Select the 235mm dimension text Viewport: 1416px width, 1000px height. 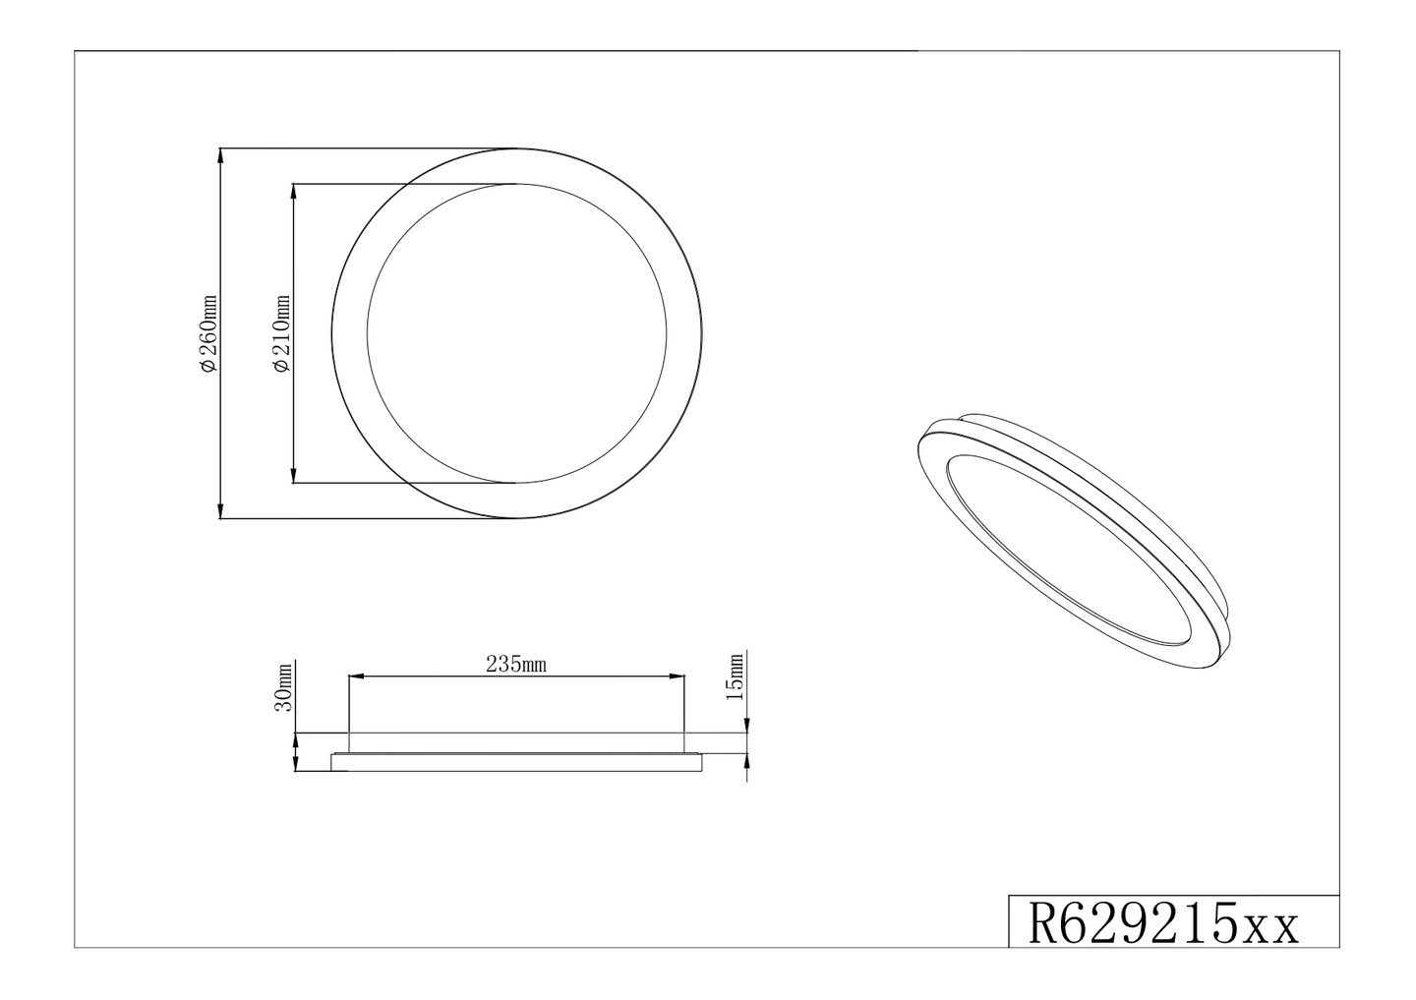point(515,665)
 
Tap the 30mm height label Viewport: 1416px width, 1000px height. point(284,686)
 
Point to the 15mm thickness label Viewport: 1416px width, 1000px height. point(734,676)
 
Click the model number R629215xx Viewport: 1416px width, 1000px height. point(1164,924)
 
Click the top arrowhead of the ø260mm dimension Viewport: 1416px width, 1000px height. point(221,154)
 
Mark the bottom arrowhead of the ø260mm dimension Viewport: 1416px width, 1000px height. point(221,512)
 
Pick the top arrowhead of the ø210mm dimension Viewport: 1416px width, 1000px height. point(295,190)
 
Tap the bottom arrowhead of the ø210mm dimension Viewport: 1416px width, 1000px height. point(295,477)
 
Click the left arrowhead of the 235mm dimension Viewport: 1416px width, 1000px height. point(356,676)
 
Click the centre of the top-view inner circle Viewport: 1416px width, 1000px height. point(517,333)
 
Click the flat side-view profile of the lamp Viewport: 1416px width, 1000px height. point(517,761)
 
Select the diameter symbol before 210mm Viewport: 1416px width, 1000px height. point(282,365)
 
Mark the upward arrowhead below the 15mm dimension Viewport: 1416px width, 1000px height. point(747,760)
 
